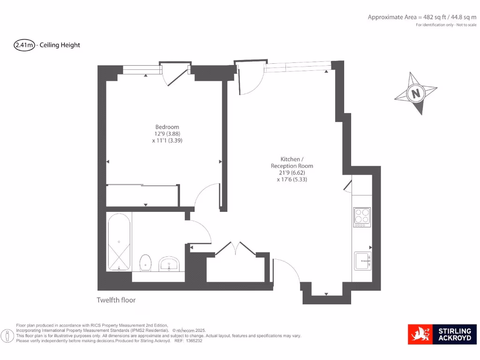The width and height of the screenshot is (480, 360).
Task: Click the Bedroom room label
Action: point(167,127)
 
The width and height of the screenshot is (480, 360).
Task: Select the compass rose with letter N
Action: point(415,93)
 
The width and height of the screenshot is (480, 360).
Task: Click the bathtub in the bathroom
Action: point(119,242)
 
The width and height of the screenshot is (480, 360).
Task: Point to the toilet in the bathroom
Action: point(146,262)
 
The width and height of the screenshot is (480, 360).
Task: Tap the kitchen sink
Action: point(362,261)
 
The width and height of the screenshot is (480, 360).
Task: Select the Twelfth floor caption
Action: point(116,300)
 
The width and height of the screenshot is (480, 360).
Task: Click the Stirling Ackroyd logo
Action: point(442,334)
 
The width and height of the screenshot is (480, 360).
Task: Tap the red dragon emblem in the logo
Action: point(420,335)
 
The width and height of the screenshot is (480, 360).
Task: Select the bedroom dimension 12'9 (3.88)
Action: point(167,134)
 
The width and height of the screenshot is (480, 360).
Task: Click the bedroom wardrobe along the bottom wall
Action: point(142,195)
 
